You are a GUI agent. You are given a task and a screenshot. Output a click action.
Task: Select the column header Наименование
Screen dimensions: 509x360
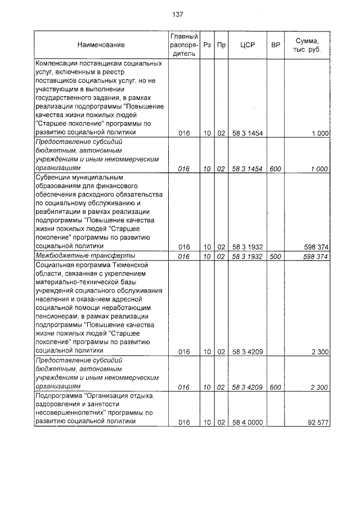coord(101,44)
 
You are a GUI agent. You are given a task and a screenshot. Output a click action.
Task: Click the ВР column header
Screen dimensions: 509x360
coord(275,44)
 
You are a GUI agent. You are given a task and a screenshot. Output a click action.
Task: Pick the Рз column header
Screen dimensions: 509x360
coord(207,44)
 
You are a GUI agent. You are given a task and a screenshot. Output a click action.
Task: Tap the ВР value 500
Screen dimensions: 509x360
coord(275,256)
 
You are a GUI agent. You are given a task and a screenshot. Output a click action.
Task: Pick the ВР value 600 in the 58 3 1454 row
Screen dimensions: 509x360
coord(275,168)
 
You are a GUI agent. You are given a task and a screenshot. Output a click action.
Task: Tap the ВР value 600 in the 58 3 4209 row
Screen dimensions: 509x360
coord(275,387)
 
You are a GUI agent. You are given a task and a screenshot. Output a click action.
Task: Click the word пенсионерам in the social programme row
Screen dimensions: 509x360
coord(59,317)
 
